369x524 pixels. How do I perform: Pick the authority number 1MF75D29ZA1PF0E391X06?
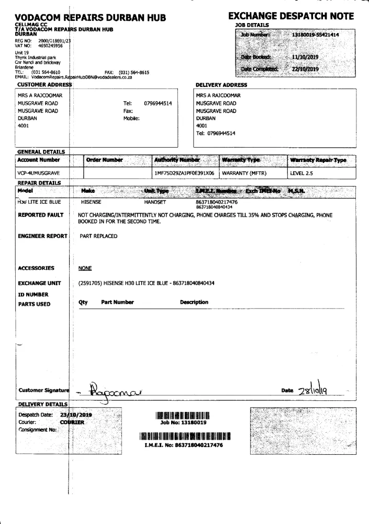pyautogui.click(x=184, y=171)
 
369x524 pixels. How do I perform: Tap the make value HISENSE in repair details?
pyautogui.click(x=94, y=201)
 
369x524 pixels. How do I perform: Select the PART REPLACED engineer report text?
pyautogui.click(x=98, y=236)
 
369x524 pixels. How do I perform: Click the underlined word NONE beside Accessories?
pyautogui.click(x=85, y=268)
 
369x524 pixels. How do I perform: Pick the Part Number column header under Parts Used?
pyautogui.click(x=117, y=302)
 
